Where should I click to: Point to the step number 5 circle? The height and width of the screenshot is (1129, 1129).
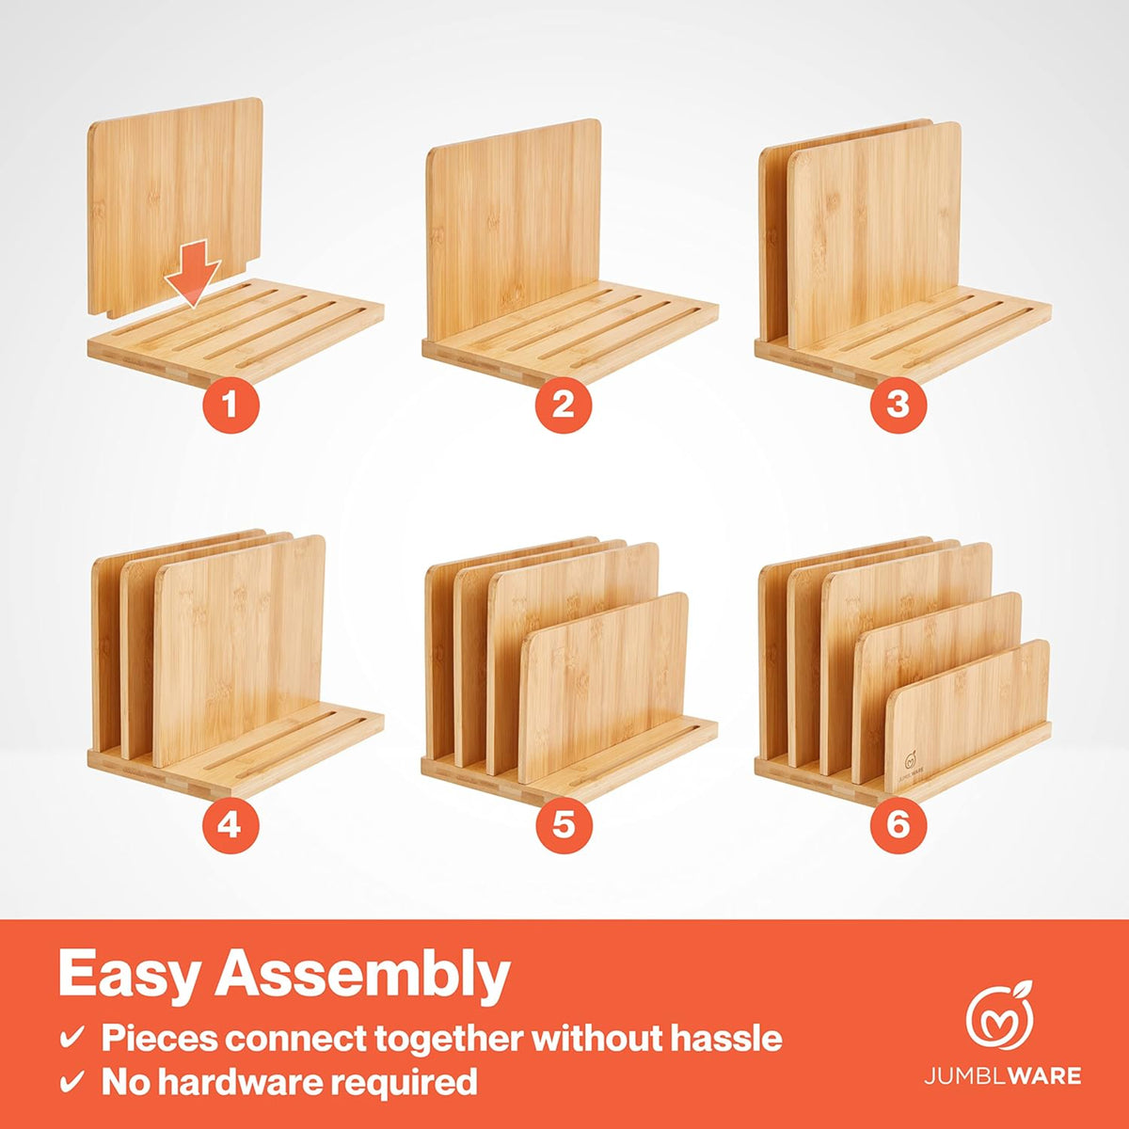[x=563, y=825]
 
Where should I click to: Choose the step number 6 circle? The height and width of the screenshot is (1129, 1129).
[x=897, y=825]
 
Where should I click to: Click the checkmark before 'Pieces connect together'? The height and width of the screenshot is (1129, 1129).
[x=72, y=1040]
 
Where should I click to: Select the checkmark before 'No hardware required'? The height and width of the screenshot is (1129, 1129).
[x=72, y=1083]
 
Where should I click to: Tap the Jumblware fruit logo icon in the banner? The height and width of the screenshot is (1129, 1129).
[x=1000, y=1017]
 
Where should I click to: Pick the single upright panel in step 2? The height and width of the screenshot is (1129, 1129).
[x=513, y=231]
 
